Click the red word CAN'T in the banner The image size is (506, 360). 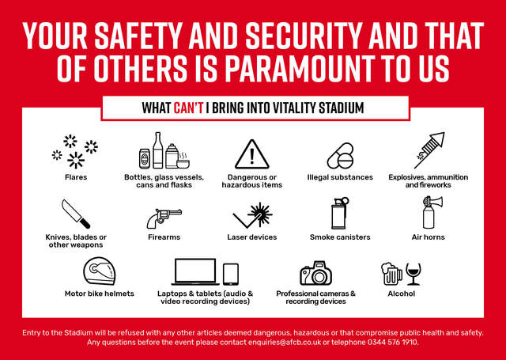tap(188, 108)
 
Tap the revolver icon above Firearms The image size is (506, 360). tap(164, 218)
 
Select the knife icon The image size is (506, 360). tap(76, 214)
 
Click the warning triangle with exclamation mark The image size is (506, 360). tap(252, 154)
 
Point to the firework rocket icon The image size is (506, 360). tap(429, 150)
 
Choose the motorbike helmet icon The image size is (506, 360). tap(100, 271)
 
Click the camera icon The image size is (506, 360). tap(316, 273)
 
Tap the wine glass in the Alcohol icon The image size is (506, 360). tap(413, 274)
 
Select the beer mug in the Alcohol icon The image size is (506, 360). tap(391, 274)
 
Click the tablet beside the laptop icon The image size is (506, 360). tap(231, 275)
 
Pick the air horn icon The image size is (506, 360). tap(432, 213)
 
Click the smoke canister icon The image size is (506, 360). tap(340, 214)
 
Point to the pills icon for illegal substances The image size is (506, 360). tap(341, 157)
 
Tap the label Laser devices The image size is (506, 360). tap(252, 237)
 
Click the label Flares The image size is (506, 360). tap(76, 177)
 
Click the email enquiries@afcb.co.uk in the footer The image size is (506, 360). tap(285, 343)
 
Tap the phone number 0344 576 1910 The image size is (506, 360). tap(393, 343)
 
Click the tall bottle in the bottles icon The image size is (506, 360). tap(158, 150)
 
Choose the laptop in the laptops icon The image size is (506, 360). tap(195, 272)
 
